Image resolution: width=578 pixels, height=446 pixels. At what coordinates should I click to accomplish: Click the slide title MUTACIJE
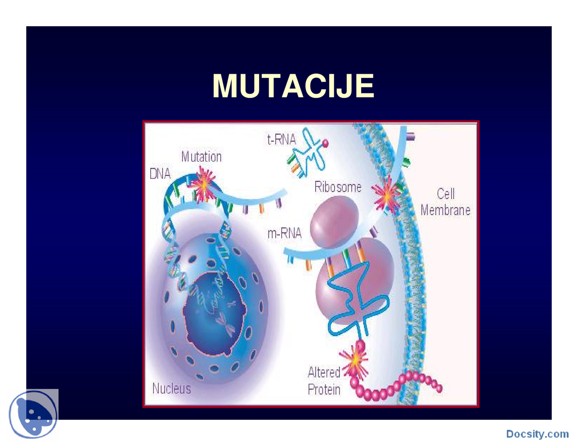tap(293, 86)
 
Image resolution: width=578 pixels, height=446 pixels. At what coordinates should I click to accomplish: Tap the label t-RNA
tap(281, 139)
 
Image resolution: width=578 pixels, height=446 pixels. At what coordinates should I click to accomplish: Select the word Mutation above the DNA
tap(201, 156)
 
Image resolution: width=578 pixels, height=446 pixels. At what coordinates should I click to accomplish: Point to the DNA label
tap(160, 174)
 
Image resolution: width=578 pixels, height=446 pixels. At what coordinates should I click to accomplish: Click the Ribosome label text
tap(338, 187)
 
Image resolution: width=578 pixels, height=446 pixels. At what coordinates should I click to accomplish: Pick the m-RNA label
tap(284, 233)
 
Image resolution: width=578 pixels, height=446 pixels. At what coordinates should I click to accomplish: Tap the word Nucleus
tap(172, 388)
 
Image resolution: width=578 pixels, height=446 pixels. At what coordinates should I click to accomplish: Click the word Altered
tap(324, 372)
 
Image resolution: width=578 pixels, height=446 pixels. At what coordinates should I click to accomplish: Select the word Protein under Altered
tap(324, 390)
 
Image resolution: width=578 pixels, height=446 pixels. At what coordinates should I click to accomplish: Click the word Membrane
tap(445, 210)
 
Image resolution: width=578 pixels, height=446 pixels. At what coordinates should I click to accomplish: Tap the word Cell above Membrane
tap(446, 193)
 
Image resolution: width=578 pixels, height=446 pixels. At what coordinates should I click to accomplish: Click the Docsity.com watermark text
tap(537, 434)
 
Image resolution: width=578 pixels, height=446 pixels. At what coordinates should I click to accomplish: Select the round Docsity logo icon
tap(33, 414)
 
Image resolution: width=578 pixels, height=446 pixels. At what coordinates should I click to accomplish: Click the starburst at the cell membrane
tap(387, 196)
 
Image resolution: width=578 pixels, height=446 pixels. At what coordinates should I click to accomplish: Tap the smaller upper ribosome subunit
tap(334, 222)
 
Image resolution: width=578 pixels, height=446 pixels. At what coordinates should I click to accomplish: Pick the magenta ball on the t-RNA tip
tap(325, 143)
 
